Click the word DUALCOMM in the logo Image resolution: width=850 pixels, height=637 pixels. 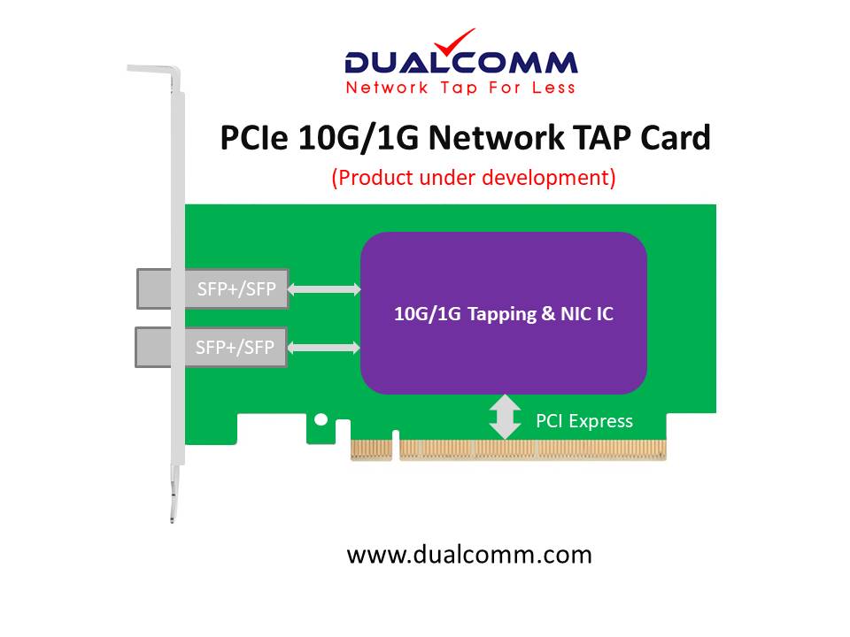coord(460,64)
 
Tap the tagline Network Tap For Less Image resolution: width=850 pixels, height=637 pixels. coord(460,88)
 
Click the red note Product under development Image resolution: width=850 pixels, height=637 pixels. coord(474,177)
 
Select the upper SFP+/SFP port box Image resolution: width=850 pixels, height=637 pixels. coord(212,288)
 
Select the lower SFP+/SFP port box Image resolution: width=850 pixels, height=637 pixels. coord(211,347)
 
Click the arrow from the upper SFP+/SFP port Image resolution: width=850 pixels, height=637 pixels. coord(325,288)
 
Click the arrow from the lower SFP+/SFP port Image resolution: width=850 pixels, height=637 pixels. coord(325,348)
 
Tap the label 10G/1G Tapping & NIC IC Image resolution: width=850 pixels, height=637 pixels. coord(503,314)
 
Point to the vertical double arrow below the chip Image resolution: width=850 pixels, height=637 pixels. coord(505,418)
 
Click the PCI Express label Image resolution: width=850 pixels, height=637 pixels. coord(584,421)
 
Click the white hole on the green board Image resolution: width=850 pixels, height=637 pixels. coord(322,419)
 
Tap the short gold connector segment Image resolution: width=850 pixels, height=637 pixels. coord(372,449)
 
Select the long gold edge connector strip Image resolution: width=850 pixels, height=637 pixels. coord(532,449)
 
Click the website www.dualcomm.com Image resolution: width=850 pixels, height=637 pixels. coord(469,555)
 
